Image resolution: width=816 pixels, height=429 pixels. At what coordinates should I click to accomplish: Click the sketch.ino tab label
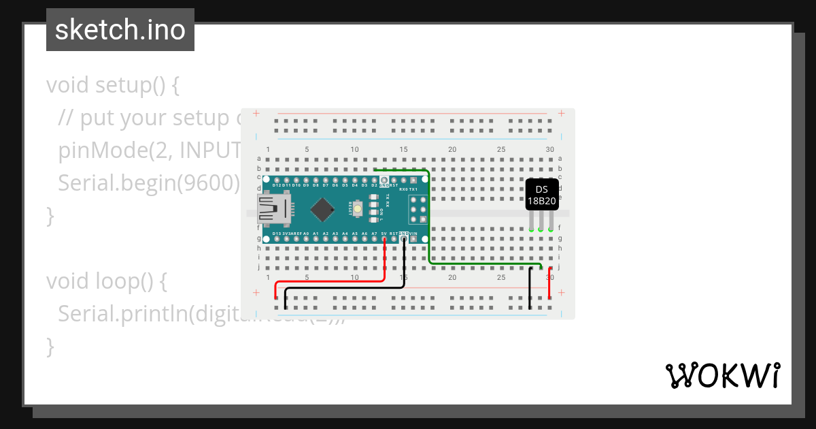point(120,30)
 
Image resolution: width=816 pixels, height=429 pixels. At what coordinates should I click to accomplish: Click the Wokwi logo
point(722,375)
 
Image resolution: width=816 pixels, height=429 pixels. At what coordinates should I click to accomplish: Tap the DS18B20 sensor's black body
point(542,195)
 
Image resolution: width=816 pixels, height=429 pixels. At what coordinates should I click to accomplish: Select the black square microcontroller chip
point(322,209)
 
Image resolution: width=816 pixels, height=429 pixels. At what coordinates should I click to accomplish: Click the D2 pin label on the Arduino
point(374,185)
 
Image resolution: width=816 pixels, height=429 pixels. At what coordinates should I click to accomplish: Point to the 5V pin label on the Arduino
point(384,234)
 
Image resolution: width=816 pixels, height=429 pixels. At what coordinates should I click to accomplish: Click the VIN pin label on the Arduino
point(413,234)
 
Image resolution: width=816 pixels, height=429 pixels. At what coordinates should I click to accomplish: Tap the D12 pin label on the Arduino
point(277,185)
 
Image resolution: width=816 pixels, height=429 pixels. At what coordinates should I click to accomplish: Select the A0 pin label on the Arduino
point(306,234)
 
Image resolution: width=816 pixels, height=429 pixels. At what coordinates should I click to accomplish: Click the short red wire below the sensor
point(549,283)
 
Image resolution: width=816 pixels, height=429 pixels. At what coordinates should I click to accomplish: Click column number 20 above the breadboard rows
point(452,149)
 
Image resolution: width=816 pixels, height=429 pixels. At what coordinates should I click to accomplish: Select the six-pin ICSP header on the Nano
point(417,209)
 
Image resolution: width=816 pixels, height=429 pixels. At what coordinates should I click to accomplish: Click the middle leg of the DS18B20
point(541,219)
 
